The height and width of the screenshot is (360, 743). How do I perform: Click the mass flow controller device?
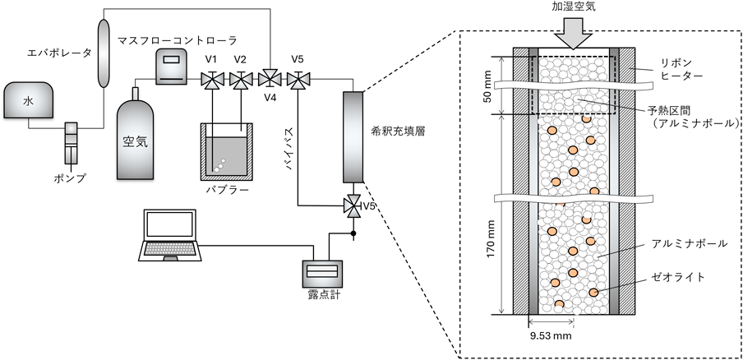pyautogui.click(x=172, y=66)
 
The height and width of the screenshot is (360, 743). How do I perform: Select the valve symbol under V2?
pyautogui.click(x=240, y=79)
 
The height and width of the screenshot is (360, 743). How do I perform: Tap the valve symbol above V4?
pyautogui.click(x=268, y=79)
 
